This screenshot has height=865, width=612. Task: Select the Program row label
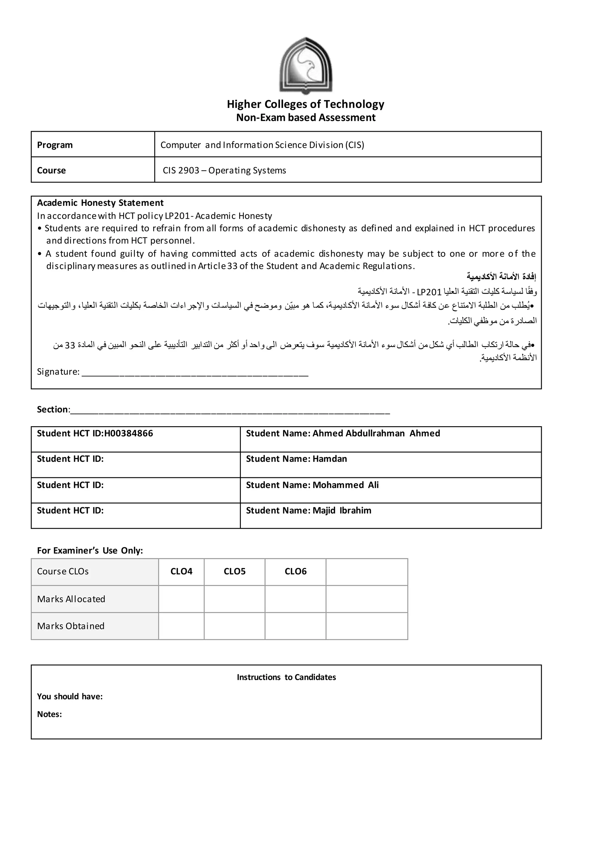tap(55, 145)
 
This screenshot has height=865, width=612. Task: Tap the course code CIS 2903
tap(181, 171)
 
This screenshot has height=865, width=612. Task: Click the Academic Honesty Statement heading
tap(100, 203)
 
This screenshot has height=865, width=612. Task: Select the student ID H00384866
tap(128, 433)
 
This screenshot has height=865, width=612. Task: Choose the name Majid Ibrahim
tap(342, 510)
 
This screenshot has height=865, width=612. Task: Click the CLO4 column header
tap(181, 571)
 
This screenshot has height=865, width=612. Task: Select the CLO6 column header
tap(296, 571)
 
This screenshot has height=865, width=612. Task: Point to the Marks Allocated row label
tap(71, 599)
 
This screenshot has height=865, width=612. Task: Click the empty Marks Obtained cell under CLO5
tap(234, 626)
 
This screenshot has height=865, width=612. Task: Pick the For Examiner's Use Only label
tap(90, 550)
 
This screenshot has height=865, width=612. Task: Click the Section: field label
tap(53, 410)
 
